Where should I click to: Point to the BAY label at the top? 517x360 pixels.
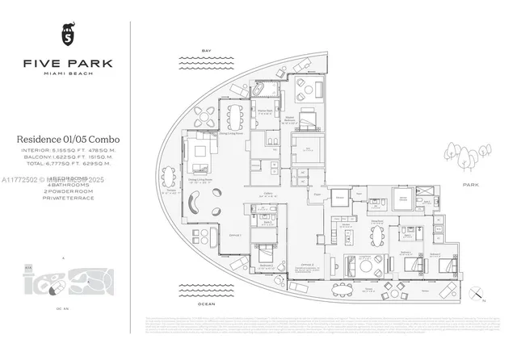[206, 49]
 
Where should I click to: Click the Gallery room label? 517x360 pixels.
[266, 195]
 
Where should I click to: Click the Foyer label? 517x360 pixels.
[317, 195]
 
